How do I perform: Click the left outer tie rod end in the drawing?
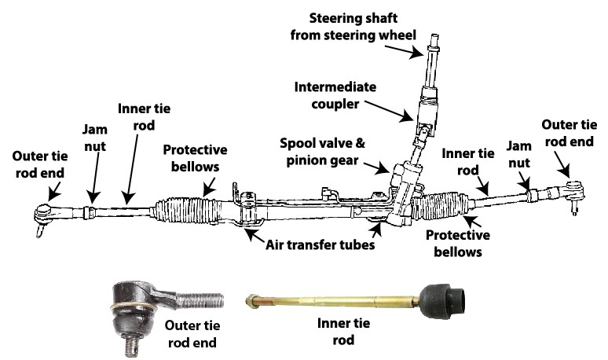click(x=46, y=212)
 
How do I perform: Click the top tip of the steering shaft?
click(x=433, y=38)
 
